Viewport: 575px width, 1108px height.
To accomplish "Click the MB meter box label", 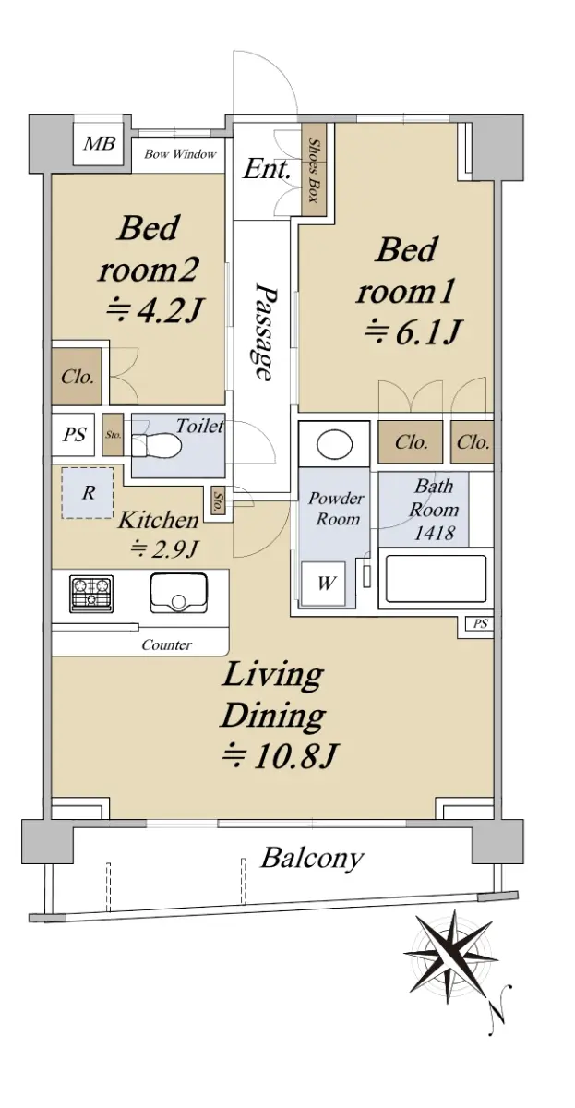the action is [x=100, y=143].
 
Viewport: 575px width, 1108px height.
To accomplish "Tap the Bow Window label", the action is [x=181, y=154].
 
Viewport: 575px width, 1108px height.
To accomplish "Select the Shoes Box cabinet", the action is [x=314, y=170].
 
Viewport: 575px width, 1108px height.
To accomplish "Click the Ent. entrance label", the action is [x=266, y=169].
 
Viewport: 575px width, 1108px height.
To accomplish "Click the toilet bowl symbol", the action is [x=157, y=445].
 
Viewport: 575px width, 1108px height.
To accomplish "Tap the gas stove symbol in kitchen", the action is [x=91, y=593].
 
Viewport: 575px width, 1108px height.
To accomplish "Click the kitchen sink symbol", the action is [x=178, y=592].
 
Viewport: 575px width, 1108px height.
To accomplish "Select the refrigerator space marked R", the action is [x=88, y=493].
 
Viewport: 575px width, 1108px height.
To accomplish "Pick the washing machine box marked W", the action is [x=324, y=584].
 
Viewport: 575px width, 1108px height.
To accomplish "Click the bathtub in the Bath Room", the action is [x=436, y=578].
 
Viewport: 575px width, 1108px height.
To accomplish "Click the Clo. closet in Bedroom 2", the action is [x=78, y=377].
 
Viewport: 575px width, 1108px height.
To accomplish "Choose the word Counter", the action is [x=167, y=645].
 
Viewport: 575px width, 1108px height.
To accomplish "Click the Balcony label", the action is [x=312, y=859].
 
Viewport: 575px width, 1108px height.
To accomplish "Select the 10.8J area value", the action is [x=279, y=756].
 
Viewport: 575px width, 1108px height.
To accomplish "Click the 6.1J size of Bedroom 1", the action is [x=413, y=331].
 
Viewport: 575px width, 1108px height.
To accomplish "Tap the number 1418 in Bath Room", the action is [x=434, y=533].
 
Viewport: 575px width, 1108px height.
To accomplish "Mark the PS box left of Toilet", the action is [x=73, y=435].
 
